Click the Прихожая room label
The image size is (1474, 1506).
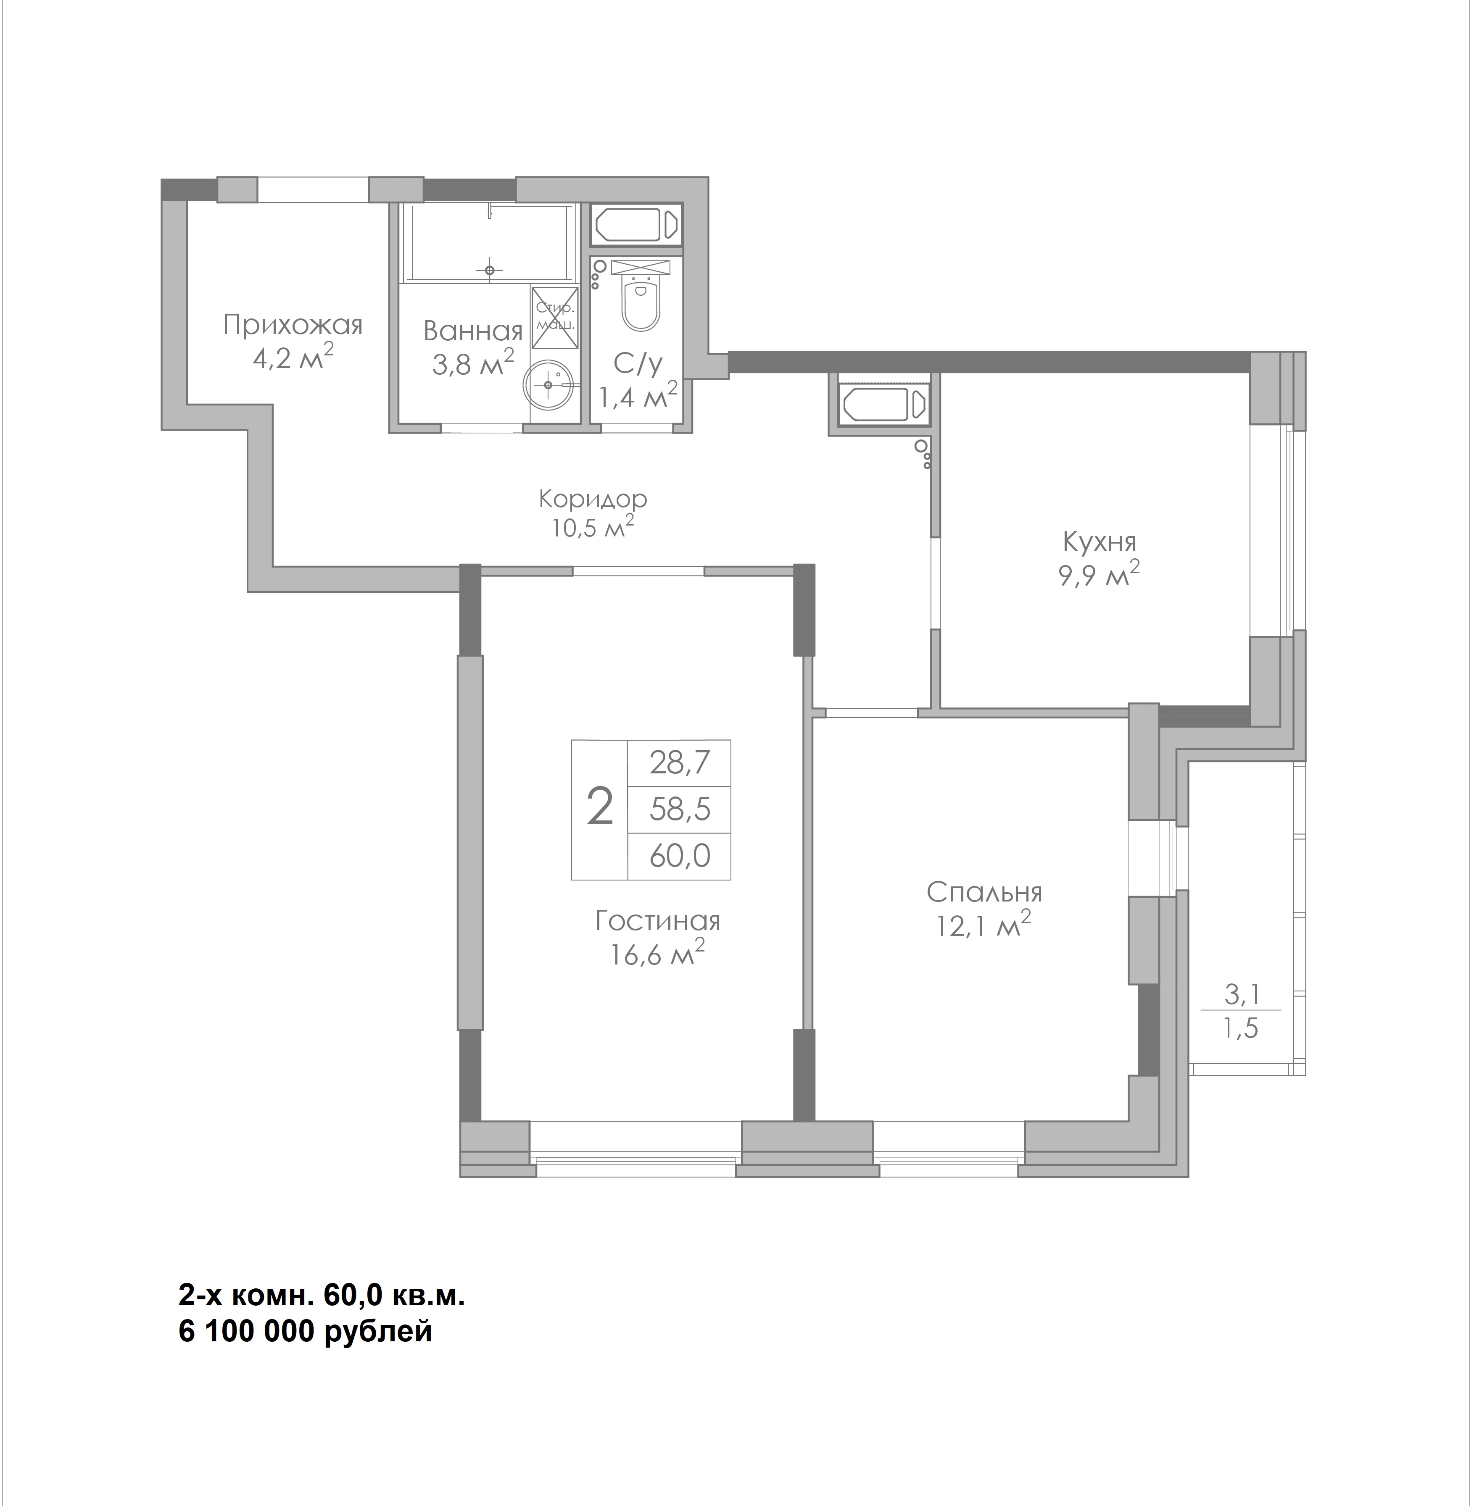tap(293, 325)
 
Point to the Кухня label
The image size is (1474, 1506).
tap(1100, 542)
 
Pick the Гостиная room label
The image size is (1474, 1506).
tap(658, 921)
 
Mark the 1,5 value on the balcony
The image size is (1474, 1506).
tap(1241, 1028)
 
